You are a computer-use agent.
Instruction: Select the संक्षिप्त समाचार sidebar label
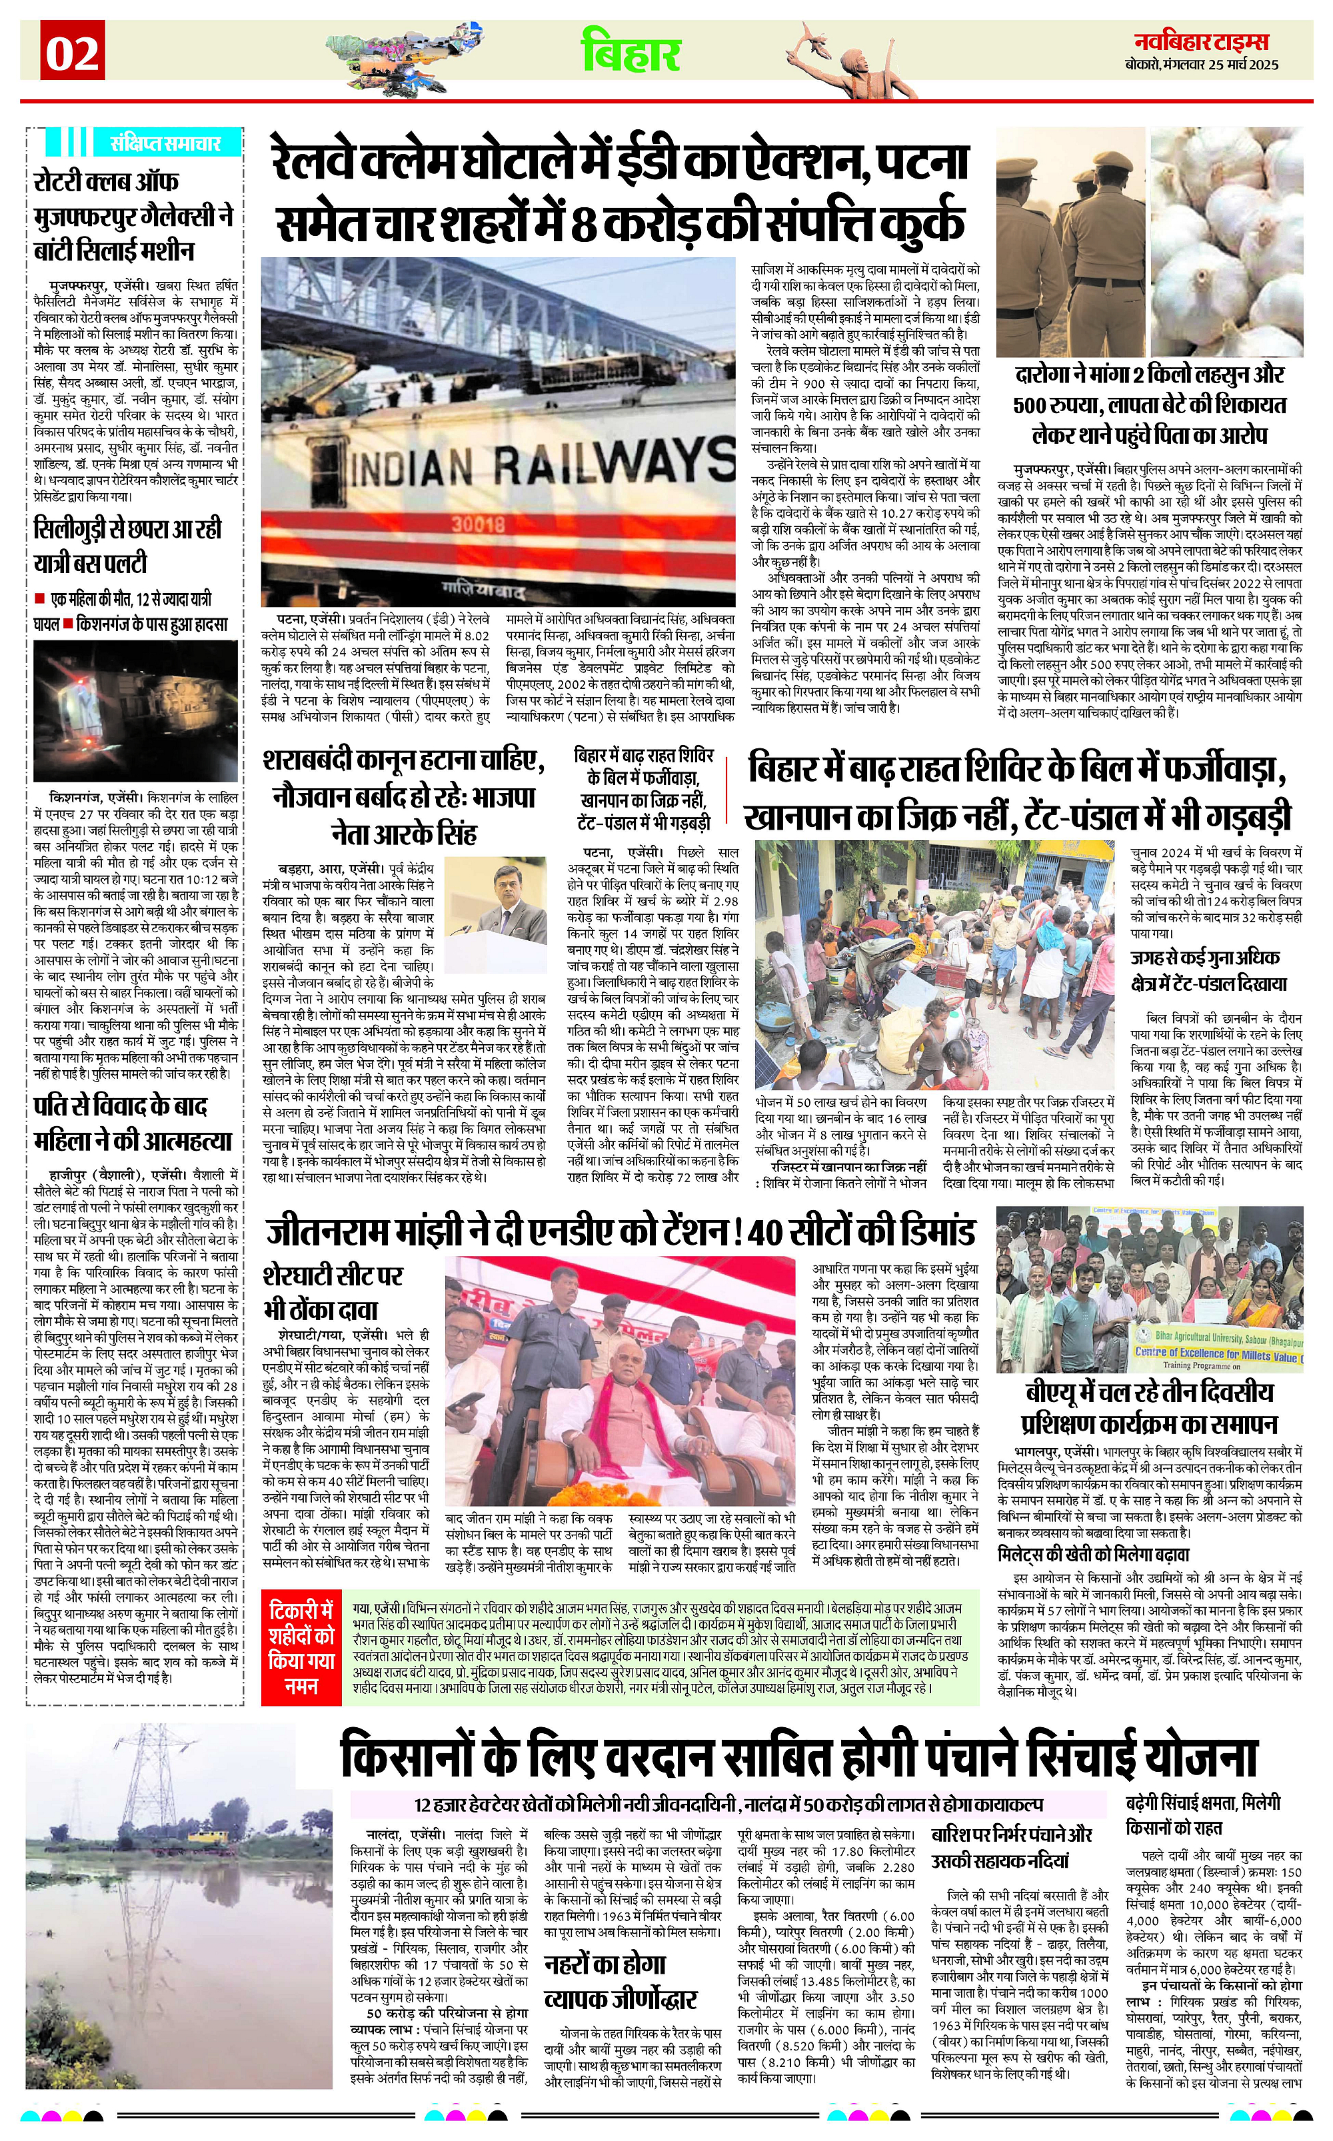[x=165, y=143]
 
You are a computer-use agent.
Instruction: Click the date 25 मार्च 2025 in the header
[x=1243, y=65]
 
